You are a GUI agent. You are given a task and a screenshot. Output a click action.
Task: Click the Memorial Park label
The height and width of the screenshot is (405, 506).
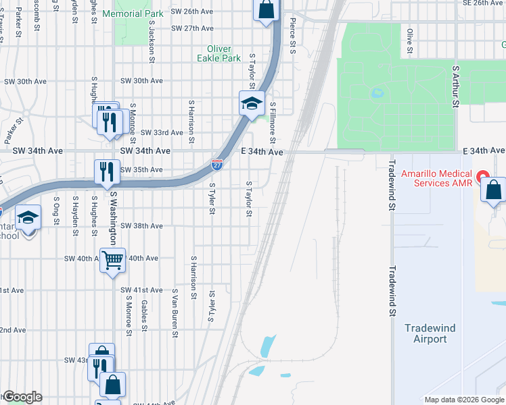[x=132, y=13]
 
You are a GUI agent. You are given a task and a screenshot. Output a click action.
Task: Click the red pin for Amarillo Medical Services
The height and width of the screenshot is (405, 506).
[x=483, y=178]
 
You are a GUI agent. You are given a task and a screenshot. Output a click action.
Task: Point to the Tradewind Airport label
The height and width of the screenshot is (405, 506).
[x=430, y=333]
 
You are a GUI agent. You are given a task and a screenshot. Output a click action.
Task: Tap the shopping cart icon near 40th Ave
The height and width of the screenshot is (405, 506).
[x=112, y=259]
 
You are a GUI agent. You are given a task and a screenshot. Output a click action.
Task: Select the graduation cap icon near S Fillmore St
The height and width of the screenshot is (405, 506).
[x=251, y=104]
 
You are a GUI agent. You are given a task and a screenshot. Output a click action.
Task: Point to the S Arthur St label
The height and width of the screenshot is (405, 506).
[x=457, y=86]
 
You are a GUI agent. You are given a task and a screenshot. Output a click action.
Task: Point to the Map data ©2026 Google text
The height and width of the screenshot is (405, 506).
[x=464, y=400]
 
